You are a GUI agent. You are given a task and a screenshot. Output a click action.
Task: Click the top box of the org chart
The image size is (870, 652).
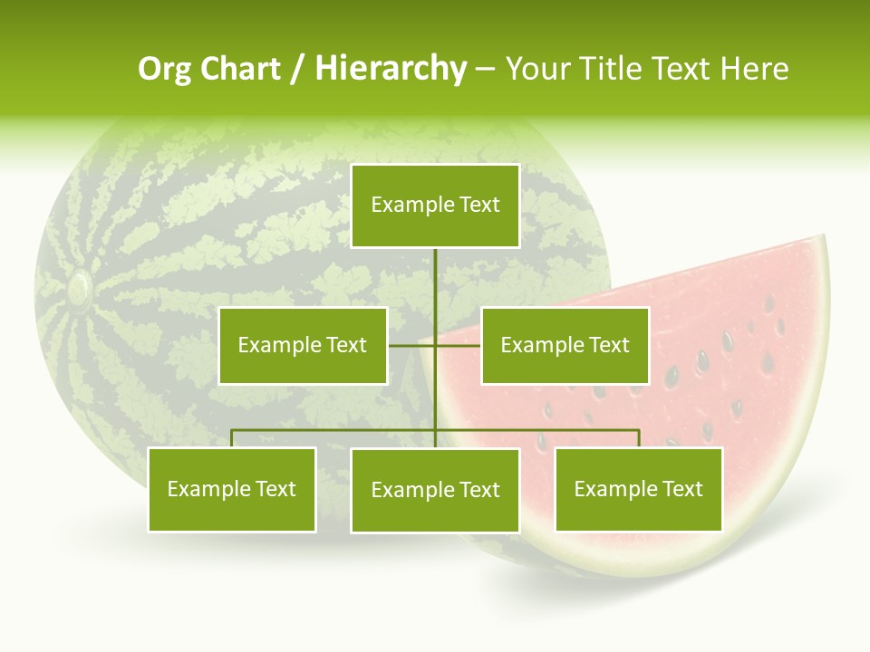[435, 206]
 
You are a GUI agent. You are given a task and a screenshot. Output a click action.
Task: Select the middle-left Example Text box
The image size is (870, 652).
[303, 345]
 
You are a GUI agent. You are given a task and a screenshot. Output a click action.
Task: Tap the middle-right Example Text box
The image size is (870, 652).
[565, 345]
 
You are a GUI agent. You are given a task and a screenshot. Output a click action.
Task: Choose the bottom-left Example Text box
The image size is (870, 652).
[232, 489]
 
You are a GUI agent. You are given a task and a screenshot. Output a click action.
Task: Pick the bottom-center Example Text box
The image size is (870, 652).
[435, 490]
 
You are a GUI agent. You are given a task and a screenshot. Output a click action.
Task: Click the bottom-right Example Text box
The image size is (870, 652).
[638, 489]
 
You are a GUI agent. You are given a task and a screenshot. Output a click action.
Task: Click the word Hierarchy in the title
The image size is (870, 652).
[391, 69]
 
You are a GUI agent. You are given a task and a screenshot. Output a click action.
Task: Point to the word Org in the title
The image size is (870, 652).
[162, 69]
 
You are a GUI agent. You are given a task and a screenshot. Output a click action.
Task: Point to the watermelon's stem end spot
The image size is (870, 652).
[78, 288]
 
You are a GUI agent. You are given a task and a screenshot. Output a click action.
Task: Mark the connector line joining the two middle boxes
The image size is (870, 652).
[435, 345]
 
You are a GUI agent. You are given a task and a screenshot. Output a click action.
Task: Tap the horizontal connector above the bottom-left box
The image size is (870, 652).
[299, 430]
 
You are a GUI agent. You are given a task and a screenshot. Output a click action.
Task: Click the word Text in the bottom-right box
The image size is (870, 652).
[683, 489]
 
